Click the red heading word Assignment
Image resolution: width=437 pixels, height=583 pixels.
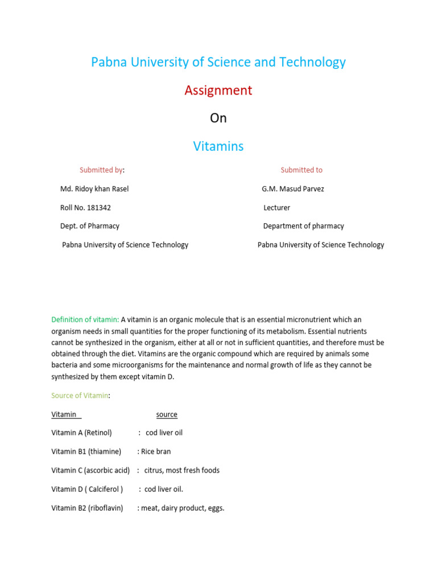(218, 91)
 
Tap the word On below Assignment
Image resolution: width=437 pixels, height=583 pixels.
(218, 118)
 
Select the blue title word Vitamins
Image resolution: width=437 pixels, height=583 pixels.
(218, 146)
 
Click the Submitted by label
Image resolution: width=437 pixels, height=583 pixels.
(102, 170)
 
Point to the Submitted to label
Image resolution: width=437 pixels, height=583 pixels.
(301, 170)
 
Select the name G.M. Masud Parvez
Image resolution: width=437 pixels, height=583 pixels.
(292, 188)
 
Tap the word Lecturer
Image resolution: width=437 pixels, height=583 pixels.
(277, 208)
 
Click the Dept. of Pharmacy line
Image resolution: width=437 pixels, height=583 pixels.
(90, 226)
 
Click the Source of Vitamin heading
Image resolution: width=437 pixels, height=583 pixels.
(80, 395)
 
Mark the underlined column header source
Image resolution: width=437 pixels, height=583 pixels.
(167, 414)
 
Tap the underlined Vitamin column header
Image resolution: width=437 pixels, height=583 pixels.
(64, 414)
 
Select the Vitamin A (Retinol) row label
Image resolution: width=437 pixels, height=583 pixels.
(81, 433)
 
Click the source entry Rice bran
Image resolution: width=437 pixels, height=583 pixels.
(155, 451)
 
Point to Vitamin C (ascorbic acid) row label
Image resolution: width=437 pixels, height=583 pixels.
(90, 470)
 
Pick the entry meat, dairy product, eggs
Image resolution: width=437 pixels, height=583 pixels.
(182, 508)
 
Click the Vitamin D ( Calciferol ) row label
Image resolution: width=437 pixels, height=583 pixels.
(87, 489)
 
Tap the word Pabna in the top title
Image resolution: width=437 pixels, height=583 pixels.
(109, 62)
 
